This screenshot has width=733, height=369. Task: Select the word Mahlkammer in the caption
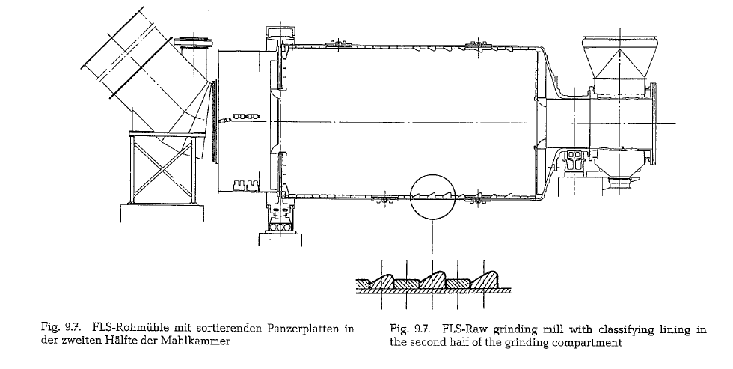(x=195, y=341)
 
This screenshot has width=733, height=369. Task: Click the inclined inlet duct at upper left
(x=141, y=79)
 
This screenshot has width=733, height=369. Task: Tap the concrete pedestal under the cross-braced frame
(x=162, y=213)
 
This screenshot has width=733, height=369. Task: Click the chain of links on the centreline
(x=239, y=117)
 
